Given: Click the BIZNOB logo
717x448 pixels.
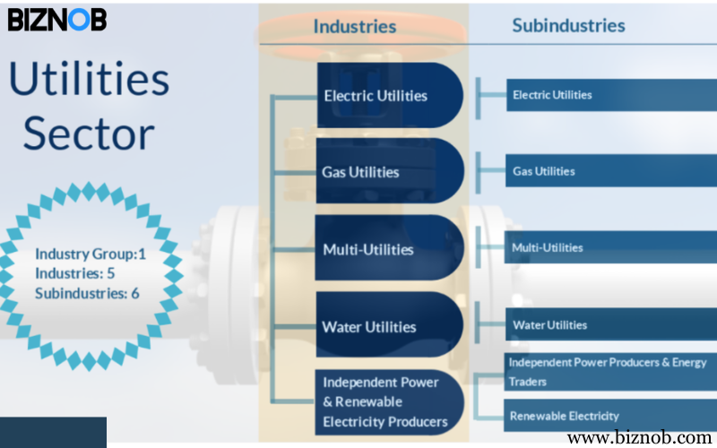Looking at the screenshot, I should coord(57,19).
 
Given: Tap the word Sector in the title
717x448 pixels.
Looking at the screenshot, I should coord(89,134).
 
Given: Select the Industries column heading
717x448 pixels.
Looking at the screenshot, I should coord(354,26).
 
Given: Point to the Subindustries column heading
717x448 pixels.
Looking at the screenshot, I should coord(568,25).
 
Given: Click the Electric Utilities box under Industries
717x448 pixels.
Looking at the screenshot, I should coord(389,95).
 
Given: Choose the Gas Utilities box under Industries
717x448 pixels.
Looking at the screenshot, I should coord(389,171).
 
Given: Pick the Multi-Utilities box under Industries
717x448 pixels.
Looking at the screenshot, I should coord(389,248).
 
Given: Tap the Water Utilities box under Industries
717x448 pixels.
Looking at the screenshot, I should coord(389,326).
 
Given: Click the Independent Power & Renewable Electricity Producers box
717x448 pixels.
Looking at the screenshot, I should coord(389,401).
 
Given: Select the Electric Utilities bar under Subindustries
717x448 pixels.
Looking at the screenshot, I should coord(609,95).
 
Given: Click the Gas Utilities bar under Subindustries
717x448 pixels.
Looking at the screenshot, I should coord(609,171).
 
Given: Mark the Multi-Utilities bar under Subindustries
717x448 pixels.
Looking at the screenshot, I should coord(609,247).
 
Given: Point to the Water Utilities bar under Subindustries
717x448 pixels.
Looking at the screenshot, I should coord(609,324).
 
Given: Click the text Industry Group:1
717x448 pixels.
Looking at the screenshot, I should coord(91,254).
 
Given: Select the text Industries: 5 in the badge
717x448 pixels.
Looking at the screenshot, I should coord(75,273).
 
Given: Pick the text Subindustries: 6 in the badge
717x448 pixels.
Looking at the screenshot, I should coord(87,293).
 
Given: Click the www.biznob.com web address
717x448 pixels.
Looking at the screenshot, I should coord(639,438).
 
